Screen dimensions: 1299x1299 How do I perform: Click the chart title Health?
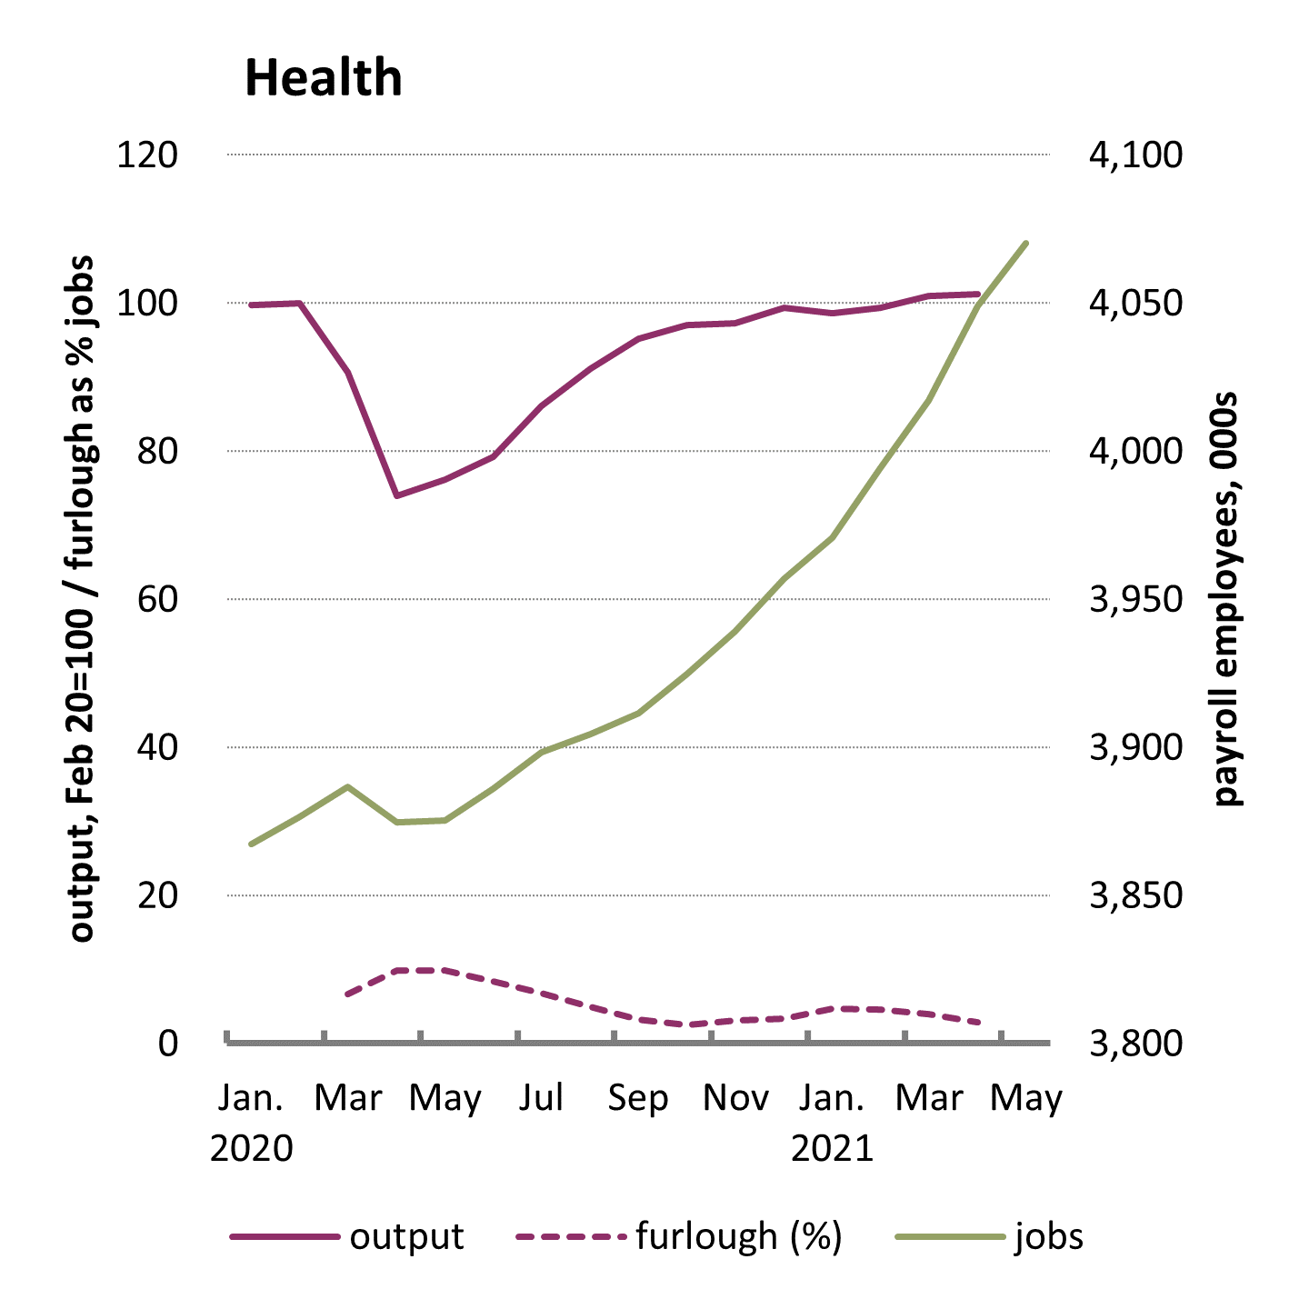click(x=323, y=78)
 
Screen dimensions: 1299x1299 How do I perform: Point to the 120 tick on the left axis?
click(x=146, y=155)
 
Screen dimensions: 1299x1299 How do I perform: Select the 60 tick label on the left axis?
click(x=156, y=600)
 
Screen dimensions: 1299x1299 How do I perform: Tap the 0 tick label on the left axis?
click(x=167, y=1044)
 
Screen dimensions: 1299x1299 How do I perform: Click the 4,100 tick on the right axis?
click(x=1135, y=155)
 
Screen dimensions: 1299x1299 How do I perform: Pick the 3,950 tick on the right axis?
click(x=1135, y=600)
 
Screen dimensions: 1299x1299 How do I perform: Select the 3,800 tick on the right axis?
click(x=1135, y=1044)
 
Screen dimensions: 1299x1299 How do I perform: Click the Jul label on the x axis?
click(x=542, y=1098)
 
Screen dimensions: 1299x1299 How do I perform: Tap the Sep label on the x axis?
click(x=638, y=1098)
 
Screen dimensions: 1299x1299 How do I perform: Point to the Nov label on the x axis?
click(x=735, y=1098)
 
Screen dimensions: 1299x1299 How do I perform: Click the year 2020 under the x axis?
click(x=252, y=1148)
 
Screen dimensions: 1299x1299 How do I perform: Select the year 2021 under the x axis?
click(x=832, y=1148)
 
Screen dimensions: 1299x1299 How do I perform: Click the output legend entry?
click(x=406, y=1237)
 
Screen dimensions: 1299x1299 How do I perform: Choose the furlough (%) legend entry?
click(x=738, y=1237)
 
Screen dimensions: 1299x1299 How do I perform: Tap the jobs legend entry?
click(x=1049, y=1237)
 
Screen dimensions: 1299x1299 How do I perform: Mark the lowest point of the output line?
click(x=396, y=495)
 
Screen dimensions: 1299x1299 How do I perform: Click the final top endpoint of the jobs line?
click(x=1026, y=243)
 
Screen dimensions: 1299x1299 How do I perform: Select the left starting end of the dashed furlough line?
click(x=347, y=994)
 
